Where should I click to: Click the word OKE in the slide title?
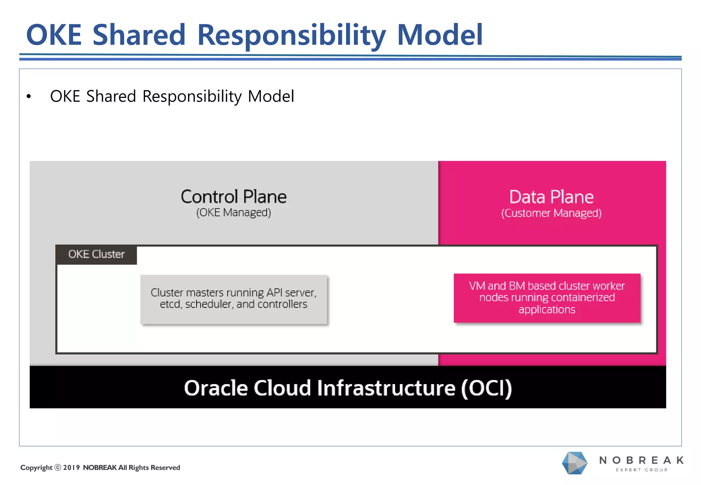[54, 35]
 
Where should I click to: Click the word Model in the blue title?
[440, 35]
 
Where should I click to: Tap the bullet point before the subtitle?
[29, 97]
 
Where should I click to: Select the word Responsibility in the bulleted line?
[192, 96]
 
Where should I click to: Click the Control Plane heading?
[233, 197]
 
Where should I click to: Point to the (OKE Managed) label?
[233, 213]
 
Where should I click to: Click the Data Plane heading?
[551, 197]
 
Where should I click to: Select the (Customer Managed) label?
[551, 213]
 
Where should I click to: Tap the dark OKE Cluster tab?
[96, 254]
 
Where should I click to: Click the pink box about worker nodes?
[547, 298]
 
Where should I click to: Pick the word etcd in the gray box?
[170, 304]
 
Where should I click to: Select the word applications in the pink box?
[547, 310]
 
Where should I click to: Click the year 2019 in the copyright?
[71, 468]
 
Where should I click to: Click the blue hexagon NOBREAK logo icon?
[574, 463]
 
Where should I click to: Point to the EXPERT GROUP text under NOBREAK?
[642, 470]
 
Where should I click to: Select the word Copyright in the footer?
[36, 468]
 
